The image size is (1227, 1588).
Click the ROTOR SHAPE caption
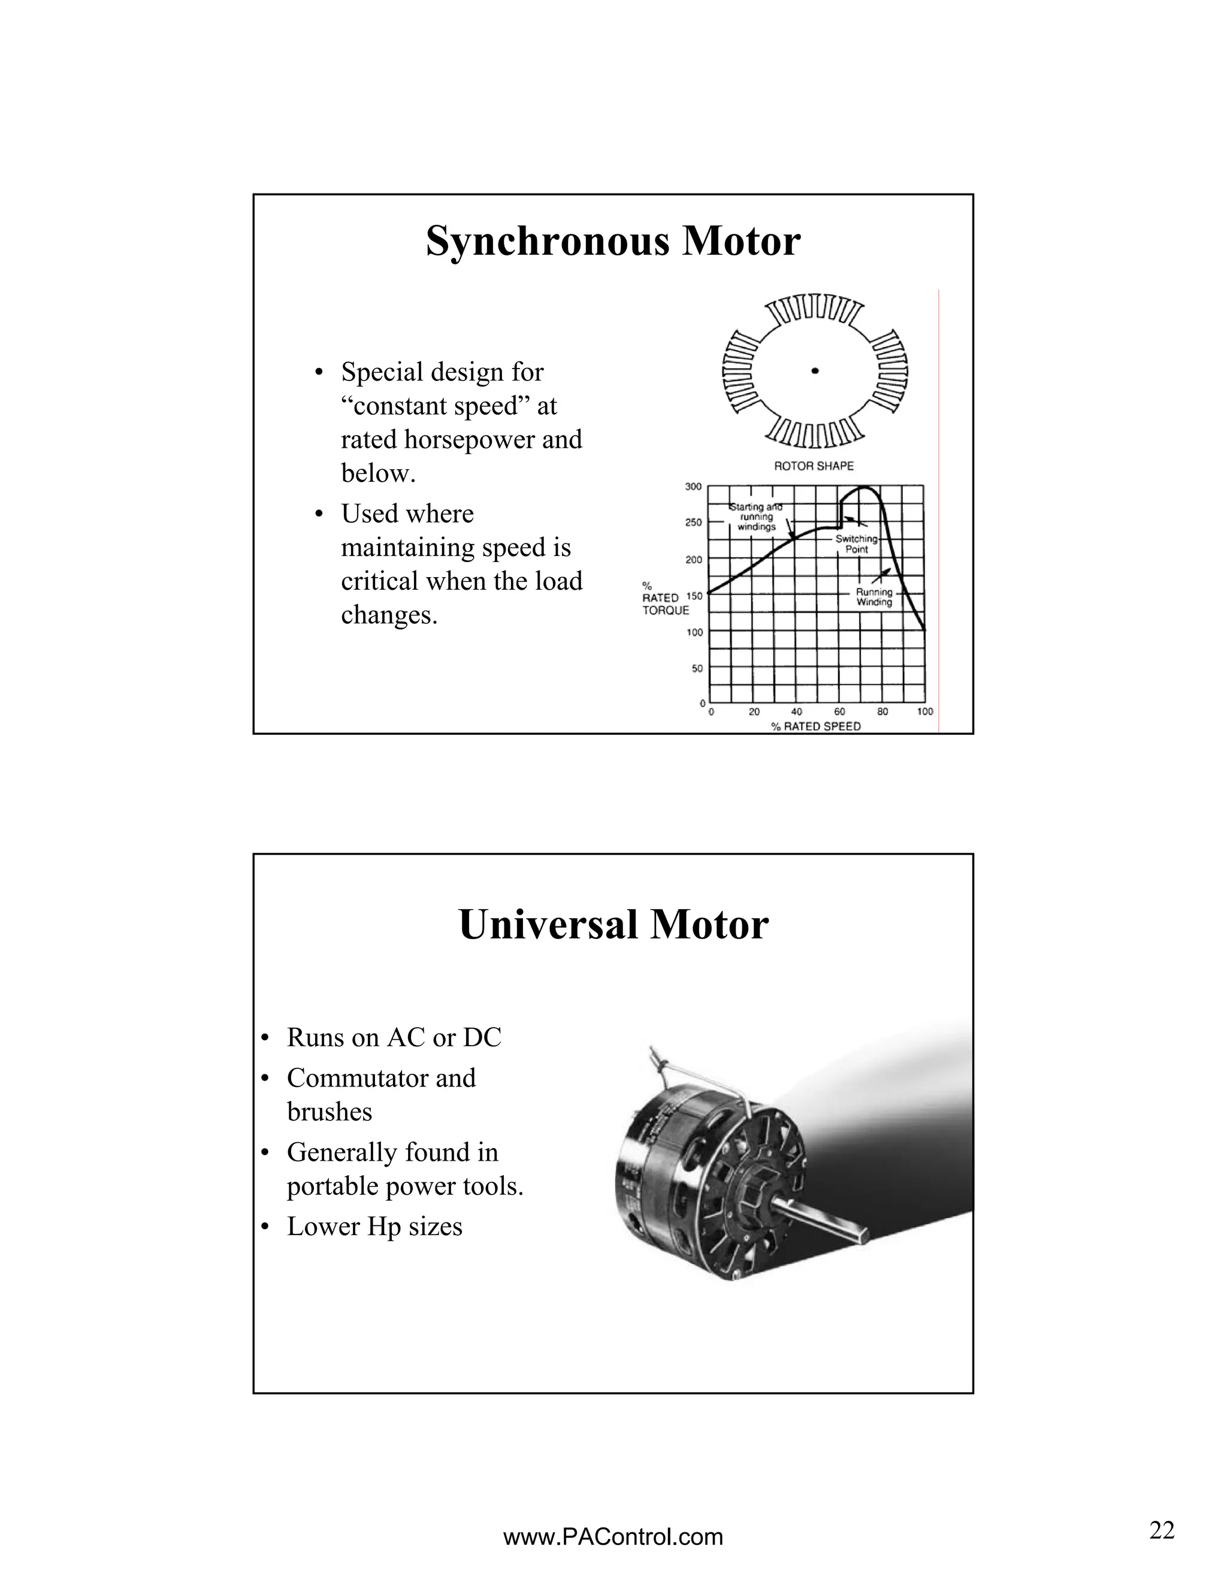(x=814, y=466)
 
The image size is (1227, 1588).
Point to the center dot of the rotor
(x=815, y=371)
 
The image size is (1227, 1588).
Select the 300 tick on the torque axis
(x=693, y=487)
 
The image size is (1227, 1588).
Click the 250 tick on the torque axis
(x=693, y=523)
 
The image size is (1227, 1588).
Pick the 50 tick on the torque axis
(x=696, y=668)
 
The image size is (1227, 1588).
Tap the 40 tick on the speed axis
(x=797, y=712)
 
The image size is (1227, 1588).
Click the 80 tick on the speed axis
(x=882, y=712)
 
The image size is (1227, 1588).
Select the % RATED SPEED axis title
(x=815, y=726)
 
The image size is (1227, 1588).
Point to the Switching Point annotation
(x=856, y=544)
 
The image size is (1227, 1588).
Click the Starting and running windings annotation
(x=756, y=517)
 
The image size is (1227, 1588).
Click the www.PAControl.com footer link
(x=613, y=1537)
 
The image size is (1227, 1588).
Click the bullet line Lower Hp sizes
(x=374, y=1227)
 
